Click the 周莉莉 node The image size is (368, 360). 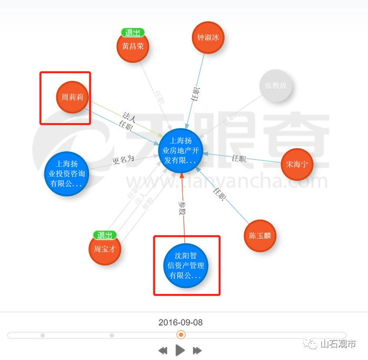pyautogui.click(x=73, y=97)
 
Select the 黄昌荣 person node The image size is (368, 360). pyautogui.click(x=133, y=46)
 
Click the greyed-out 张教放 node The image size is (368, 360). pyautogui.click(x=276, y=86)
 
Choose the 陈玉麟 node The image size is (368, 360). pyautogui.click(x=260, y=236)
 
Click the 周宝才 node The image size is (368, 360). pyautogui.click(x=105, y=249)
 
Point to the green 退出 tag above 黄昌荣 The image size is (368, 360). pyautogui.click(x=133, y=33)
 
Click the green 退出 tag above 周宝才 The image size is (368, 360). pyautogui.click(x=105, y=235)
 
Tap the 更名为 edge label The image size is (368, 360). pyautogui.click(x=124, y=159)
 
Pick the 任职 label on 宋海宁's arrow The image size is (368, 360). pyautogui.click(x=239, y=159)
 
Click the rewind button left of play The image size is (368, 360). pyautogui.click(x=163, y=351)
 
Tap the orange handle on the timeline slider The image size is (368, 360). pyautogui.click(x=181, y=335)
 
